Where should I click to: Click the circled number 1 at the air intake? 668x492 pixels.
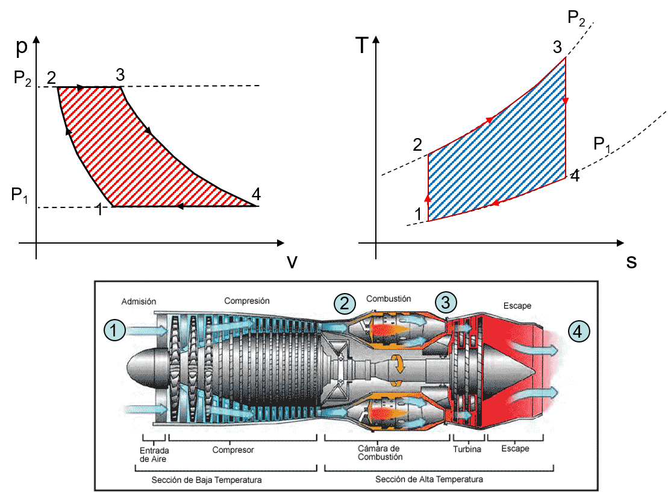tap(114, 330)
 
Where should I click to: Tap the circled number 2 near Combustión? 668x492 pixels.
tap(344, 303)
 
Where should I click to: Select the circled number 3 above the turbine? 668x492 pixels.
tap(446, 301)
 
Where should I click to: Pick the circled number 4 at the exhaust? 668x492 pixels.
tap(578, 331)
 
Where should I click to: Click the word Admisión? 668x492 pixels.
tap(139, 301)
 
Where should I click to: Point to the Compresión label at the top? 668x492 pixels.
tap(247, 301)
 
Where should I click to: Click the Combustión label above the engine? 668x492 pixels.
tap(389, 299)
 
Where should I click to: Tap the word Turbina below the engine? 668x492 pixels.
tap(467, 449)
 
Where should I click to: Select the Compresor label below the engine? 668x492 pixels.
tap(233, 450)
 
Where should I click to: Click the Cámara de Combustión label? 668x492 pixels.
tap(378, 453)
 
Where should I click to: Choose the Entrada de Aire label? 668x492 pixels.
tap(154, 455)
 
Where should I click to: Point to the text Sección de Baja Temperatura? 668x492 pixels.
tap(207, 481)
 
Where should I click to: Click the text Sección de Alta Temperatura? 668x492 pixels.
tap(429, 480)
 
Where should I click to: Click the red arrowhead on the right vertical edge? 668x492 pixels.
tap(566, 101)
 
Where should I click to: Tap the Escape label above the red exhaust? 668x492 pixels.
tap(517, 306)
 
